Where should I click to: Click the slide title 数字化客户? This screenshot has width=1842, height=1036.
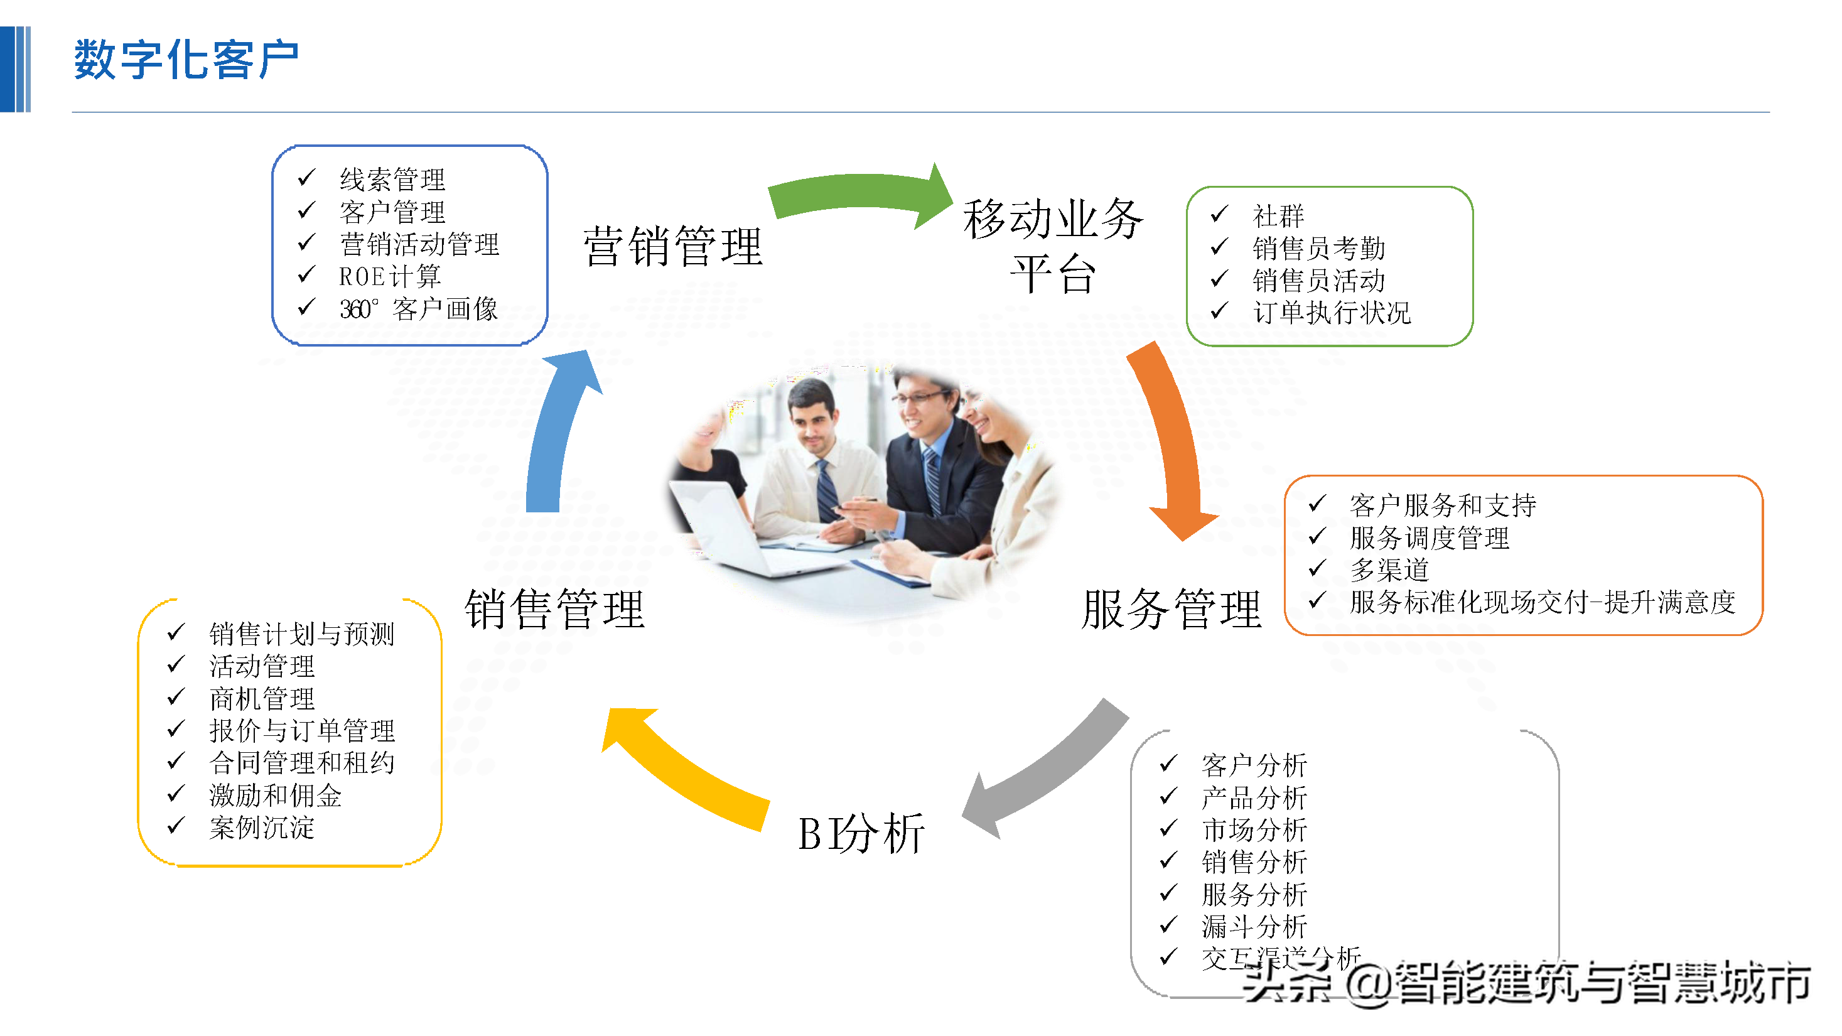[x=186, y=60]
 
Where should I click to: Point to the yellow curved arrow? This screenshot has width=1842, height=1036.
[x=686, y=772]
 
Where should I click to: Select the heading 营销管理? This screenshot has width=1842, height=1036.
[x=673, y=247]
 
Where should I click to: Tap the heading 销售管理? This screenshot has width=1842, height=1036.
[x=555, y=610]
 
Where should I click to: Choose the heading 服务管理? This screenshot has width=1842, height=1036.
[x=1171, y=610]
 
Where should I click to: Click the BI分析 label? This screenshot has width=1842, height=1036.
[x=861, y=834]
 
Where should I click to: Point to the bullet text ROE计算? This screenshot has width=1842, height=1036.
[x=390, y=277]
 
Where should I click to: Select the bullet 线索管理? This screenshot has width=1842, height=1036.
[x=392, y=180]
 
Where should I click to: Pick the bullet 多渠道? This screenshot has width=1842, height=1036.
[x=1389, y=570]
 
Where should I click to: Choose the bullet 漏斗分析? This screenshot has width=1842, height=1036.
[x=1254, y=927]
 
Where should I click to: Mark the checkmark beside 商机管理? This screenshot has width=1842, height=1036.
[x=176, y=696]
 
